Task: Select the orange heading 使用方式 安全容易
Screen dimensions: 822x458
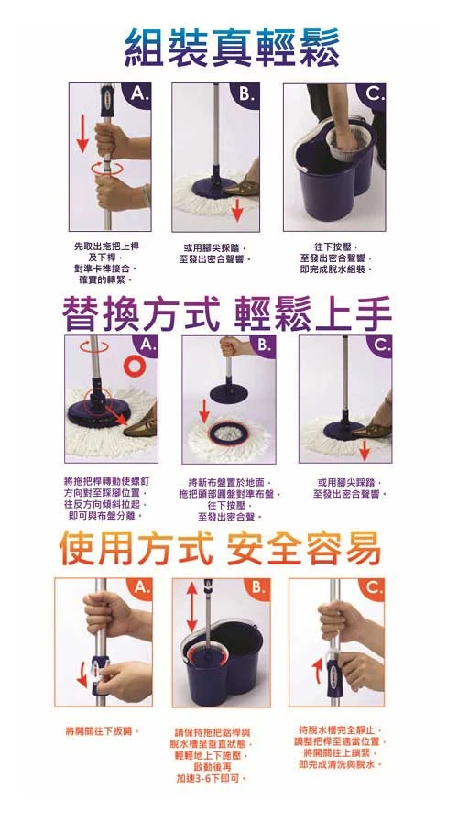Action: tap(220, 550)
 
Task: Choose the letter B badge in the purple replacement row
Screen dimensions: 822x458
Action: tap(262, 346)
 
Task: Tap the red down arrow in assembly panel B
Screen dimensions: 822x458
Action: tap(237, 209)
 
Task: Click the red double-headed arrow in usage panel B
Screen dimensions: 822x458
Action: tap(191, 609)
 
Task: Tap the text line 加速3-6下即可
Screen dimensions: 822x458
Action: tap(212, 778)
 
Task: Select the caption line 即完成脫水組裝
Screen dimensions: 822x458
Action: tap(333, 269)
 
